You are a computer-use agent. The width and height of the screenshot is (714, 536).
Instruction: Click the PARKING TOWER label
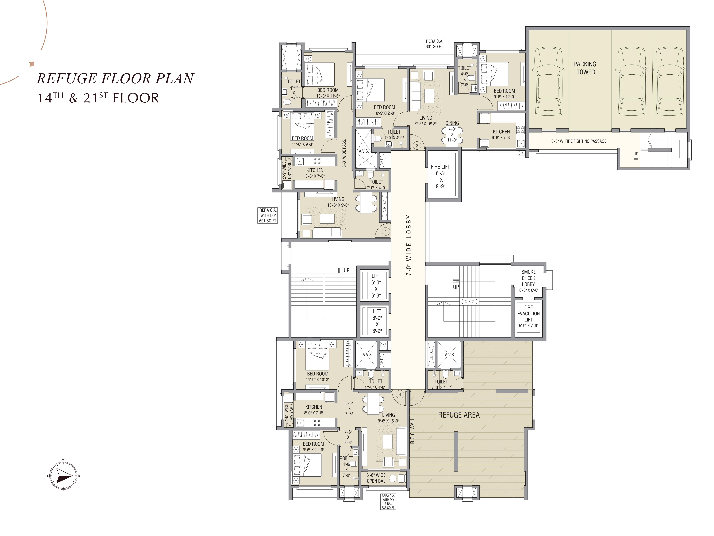pyautogui.click(x=585, y=68)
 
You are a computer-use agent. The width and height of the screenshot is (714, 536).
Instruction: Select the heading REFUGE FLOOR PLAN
pyautogui.click(x=115, y=78)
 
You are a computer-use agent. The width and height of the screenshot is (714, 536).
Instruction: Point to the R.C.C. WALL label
pyautogui.click(x=413, y=430)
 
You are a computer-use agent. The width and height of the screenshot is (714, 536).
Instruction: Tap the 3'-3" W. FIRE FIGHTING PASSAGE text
pyautogui.click(x=579, y=141)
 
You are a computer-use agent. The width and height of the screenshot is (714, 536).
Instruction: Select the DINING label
pyautogui.click(x=452, y=123)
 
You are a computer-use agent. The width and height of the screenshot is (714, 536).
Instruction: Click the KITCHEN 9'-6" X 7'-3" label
pyautogui.click(x=501, y=134)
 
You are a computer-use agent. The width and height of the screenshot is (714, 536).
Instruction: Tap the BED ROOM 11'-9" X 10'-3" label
pyautogui.click(x=318, y=376)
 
